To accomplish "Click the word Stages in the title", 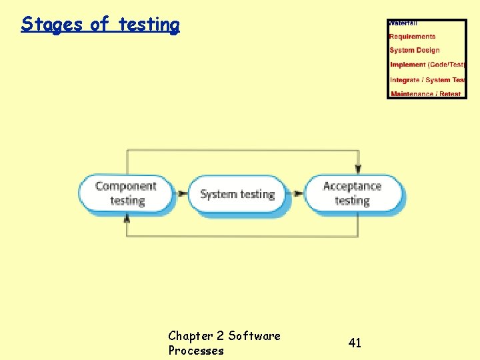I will point(52,25).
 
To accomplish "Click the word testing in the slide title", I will point(149,25).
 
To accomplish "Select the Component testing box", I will point(126,193).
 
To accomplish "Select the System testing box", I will point(237,194).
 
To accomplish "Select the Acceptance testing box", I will point(353,193).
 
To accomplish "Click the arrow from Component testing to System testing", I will point(181,194).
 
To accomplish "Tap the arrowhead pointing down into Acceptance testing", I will point(358,170).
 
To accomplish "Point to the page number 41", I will point(355,343).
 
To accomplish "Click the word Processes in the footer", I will point(196,351).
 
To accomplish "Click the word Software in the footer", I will point(254,335).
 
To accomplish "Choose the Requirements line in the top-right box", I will point(412,37).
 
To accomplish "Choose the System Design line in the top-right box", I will point(415,51).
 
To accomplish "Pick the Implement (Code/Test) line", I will point(427,65).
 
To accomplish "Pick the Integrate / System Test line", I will point(427,80).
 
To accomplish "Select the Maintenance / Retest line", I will point(426,94).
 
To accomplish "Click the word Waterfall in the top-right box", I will point(403,23).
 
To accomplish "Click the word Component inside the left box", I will point(126,186).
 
